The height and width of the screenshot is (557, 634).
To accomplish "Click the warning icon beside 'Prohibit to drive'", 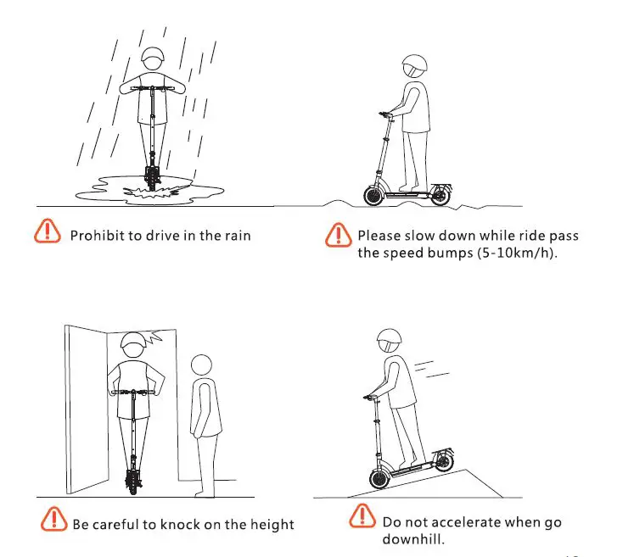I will coord(48,231).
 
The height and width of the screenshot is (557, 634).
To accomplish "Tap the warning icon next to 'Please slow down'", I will coord(338,235).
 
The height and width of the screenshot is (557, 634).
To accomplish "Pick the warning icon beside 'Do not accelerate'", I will coord(362,516).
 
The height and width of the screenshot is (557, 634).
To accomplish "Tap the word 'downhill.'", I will coord(413,540).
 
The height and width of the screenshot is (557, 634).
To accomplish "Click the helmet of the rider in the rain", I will coord(154,61).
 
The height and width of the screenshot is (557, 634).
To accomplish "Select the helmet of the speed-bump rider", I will coord(415,66).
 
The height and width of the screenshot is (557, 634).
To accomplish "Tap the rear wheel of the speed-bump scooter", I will coord(440,196).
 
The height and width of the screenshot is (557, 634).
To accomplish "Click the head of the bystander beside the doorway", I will coord(201,365).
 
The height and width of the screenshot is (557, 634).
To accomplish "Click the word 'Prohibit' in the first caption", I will coord(97,235).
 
